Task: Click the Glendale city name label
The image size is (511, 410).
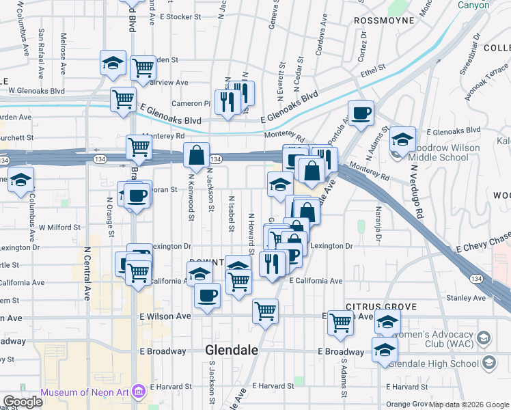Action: (232, 350)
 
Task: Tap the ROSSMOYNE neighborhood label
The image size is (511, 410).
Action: (385, 20)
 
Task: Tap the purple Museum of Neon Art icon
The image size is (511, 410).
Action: (139, 392)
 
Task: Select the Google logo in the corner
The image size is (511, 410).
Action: (22, 402)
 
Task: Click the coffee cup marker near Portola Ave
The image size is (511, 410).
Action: (361, 113)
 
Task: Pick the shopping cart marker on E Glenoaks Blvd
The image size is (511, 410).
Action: (123, 98)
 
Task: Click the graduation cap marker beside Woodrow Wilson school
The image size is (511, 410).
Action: (403, 139)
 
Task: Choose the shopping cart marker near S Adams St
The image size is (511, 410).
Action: (340, 323)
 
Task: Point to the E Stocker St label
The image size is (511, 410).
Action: (179, 16)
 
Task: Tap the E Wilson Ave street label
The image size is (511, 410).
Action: (165, 316)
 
